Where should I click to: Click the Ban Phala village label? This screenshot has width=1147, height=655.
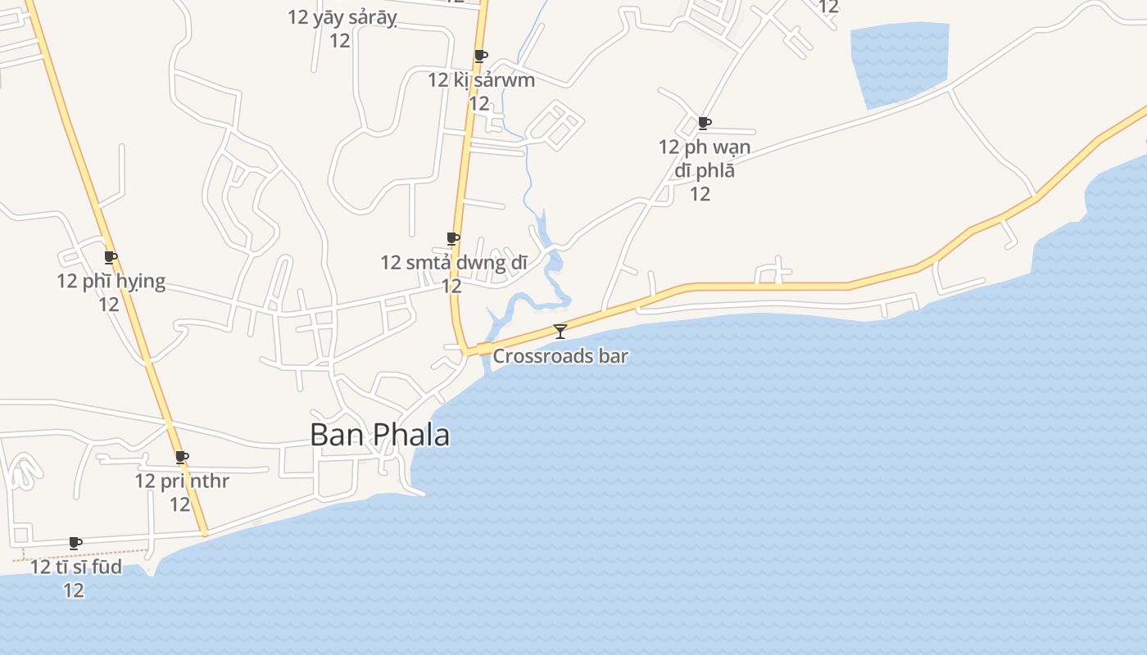tap(379, 435)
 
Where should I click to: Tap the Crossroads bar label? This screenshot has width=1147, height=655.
tap(560, 356)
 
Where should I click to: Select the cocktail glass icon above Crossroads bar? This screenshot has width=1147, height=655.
tap(560, 331)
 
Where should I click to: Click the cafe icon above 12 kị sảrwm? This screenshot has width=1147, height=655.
tap(481, 56)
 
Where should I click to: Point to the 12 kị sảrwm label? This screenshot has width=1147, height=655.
tap(481, 80)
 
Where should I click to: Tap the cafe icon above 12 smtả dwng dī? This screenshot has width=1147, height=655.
tap(452, 238)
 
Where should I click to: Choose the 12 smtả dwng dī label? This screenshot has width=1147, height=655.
tap(453, 263)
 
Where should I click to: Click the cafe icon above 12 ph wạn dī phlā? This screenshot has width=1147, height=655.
tap(704, 123)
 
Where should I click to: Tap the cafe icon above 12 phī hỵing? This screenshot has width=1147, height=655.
tap(110, 257)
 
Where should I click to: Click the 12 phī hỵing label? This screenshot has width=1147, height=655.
tap(111, 282)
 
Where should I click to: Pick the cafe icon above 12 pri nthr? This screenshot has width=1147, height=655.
tap(181, 457)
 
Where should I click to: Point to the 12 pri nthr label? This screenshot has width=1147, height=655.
tap(181, 481)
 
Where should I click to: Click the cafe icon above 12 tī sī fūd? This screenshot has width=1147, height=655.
tap(75, 543)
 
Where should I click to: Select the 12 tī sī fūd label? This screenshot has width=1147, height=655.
tap(75, 567)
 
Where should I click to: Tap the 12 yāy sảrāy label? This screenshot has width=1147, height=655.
tap(342, 17)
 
